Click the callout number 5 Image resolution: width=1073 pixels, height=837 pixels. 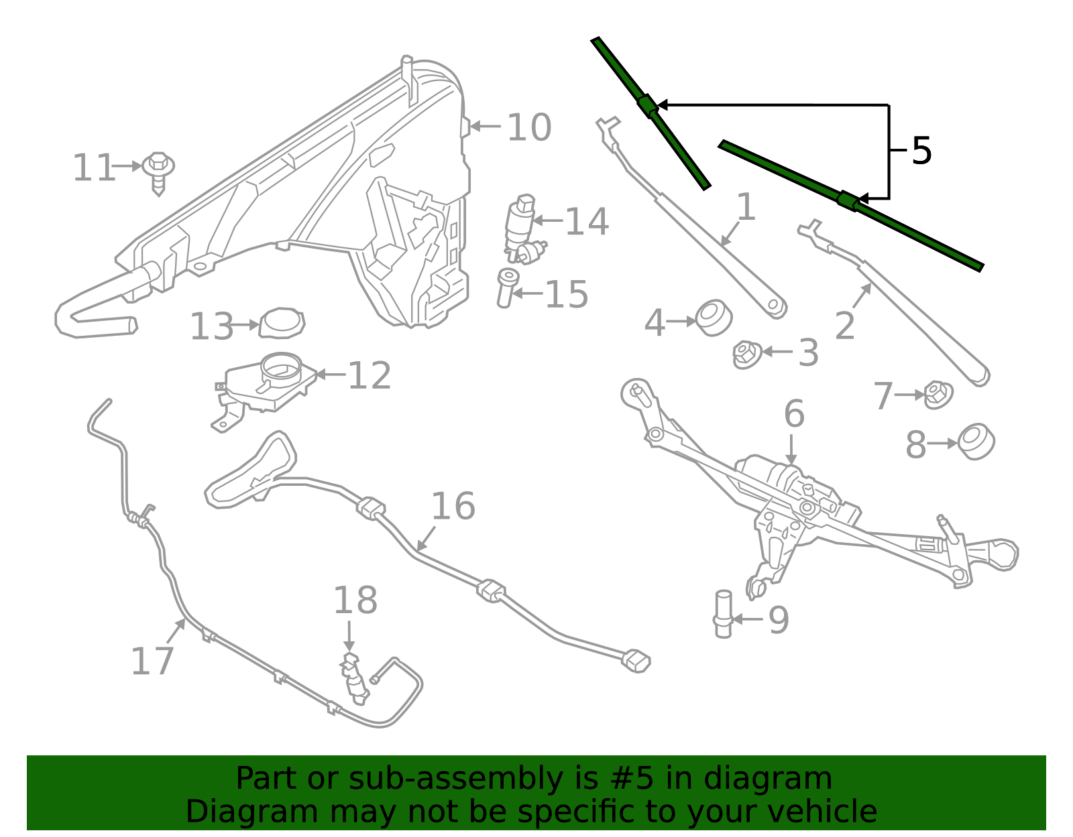point(921,151)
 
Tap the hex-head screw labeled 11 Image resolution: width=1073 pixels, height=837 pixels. point(159,170)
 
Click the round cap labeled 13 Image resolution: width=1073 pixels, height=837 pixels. point(282,324)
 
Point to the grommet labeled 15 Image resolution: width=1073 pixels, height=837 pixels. point(506,287)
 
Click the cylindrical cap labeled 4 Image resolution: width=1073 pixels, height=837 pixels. point(713,317)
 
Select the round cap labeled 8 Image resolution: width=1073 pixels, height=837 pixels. point(976,442)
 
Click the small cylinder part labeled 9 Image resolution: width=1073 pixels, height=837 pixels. point(724,614)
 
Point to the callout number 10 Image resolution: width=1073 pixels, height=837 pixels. point(528,127)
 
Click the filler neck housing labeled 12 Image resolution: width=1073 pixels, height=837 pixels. point(268,385)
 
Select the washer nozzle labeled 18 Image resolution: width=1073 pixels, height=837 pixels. point(354,678)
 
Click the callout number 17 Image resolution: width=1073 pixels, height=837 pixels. point(152,661)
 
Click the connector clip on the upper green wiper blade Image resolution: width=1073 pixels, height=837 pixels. point(647,105)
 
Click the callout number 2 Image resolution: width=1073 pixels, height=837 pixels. point(844,326)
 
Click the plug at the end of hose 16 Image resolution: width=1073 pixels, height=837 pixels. point(636,661)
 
